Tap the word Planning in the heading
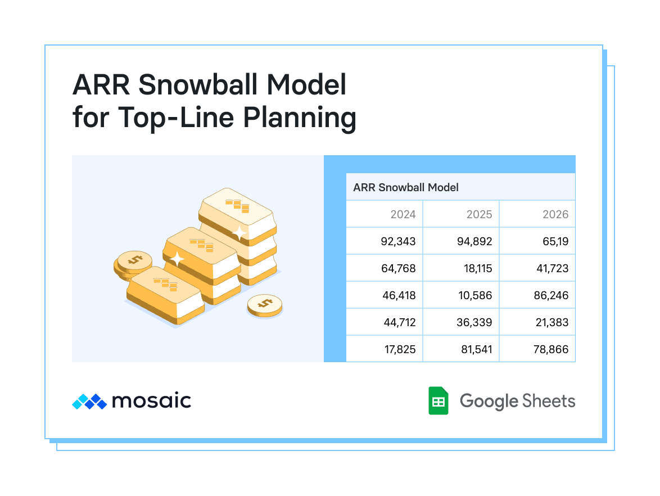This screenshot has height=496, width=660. coord(300,118)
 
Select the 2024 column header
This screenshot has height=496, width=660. coord(403,214)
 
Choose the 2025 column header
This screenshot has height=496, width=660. coord(479,214)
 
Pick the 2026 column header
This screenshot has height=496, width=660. coord(555,214)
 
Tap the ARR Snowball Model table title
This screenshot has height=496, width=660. coord(406,187)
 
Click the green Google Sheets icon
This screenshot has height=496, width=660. coord(438,400)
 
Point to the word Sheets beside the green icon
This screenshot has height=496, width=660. coord(549,401)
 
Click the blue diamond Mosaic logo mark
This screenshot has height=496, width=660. coord(89,402)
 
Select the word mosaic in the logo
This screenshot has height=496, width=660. coord(152,400)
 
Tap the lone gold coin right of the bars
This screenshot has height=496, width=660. coord(265,305)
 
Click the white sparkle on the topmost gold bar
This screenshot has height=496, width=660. coord(239,233)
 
